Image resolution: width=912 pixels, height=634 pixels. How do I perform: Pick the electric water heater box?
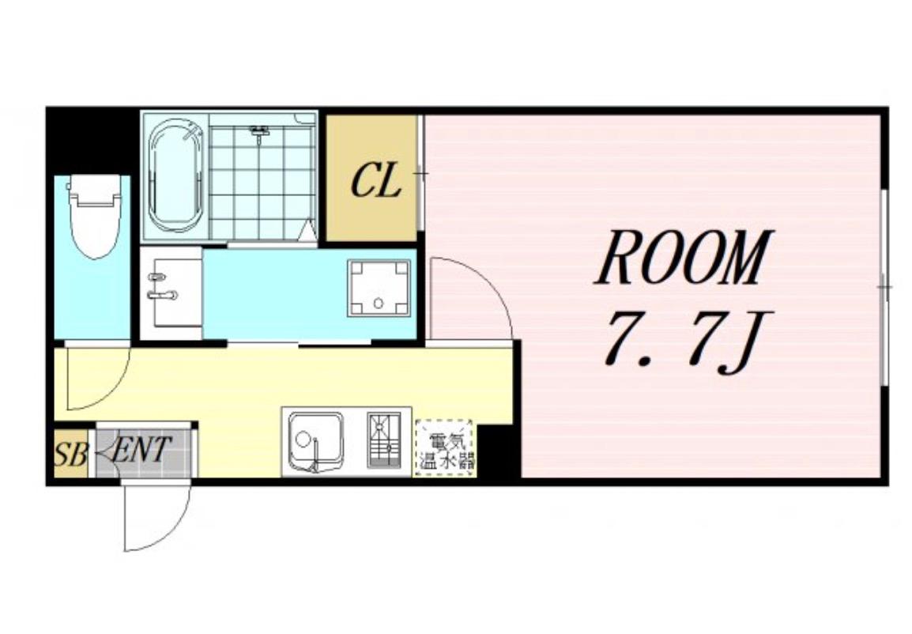click(445, 447)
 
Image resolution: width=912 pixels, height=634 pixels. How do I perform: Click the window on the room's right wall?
click(884, 287)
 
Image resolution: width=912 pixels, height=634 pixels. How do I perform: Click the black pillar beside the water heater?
click(498, 451)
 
